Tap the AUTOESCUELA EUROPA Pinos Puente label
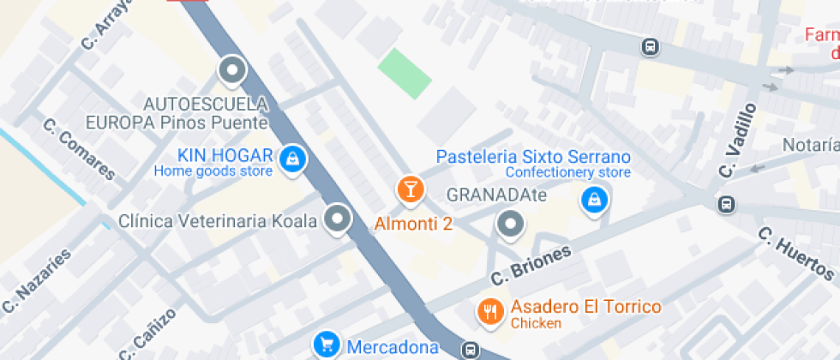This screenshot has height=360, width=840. (206, 113)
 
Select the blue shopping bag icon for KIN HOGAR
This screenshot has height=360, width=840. (293, 158)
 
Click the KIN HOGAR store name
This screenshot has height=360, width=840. (225, 156)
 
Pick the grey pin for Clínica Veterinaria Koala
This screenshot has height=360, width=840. (338, 219)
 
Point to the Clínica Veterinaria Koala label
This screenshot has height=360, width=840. (219, 221)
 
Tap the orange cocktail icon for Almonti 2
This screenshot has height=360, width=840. (411, 189)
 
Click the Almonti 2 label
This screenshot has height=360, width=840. (414, 224)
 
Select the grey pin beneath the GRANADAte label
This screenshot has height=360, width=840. (511, 225)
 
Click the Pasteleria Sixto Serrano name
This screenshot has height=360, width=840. (533, 157)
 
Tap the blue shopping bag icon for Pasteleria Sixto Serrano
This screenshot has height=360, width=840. (592, 201)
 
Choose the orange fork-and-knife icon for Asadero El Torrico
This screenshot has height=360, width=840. (490, 311)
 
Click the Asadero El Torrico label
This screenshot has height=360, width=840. (586, 307)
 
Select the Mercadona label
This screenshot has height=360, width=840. (393, 347)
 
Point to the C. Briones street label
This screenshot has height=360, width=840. (531, 267)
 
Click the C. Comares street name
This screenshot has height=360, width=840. (79, 149)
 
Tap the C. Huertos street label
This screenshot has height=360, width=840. (796, 254)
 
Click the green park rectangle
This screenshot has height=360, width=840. (405, 74)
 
